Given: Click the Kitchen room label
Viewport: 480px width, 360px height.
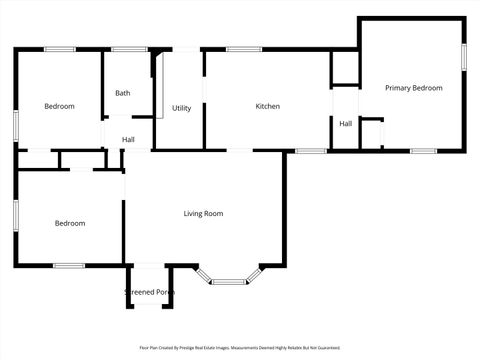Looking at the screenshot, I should tap(267, 106).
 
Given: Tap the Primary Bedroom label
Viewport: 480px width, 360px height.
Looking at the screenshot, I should tap(413, 88).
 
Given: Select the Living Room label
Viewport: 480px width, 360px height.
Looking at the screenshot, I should tap(203, 213).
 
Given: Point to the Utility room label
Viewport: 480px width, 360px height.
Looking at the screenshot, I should tap(181, 108).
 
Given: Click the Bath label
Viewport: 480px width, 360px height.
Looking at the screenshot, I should tap(122, 93).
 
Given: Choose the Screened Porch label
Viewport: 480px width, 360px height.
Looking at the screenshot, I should tap(149, 292).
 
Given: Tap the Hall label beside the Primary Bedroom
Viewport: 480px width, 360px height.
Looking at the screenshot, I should tap(345, 123).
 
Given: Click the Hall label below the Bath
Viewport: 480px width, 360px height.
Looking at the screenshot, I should tap(129, 139).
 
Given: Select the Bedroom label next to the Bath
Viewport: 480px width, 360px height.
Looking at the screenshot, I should tap(59, 106).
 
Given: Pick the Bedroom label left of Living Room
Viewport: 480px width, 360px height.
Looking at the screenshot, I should tap(69, 223).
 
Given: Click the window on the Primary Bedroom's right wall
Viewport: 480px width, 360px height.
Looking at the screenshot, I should tap(464, 56).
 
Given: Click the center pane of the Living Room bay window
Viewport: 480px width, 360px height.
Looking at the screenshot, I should tap(229, 282).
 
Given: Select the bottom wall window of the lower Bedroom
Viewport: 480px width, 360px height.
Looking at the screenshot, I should tap(68, 265).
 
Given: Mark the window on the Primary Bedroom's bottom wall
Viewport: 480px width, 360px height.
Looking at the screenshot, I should tap(423, 151).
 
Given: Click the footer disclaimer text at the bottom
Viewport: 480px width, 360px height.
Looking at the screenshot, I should tap(240, 348).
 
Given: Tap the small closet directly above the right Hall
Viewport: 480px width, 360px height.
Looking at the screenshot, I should tap(344, 70).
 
